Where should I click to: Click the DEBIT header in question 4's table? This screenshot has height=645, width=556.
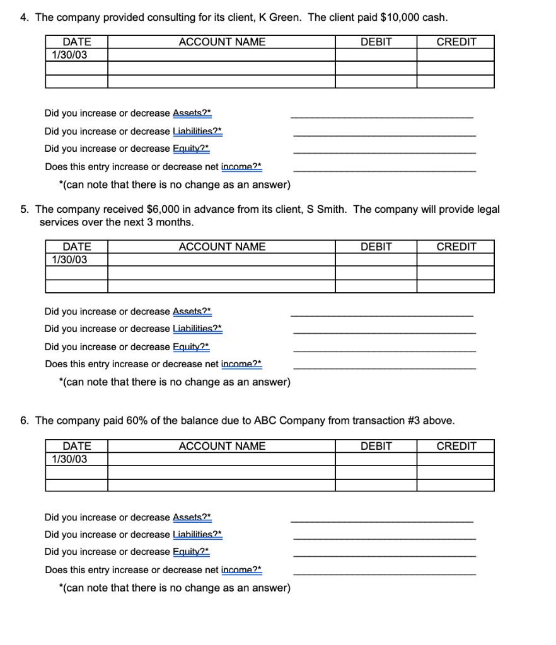pos(376,42)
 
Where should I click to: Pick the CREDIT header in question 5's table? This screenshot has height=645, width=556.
pos(456,247)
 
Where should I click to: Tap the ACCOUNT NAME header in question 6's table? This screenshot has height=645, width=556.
pos(222,447)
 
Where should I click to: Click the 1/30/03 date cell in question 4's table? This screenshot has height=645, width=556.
pos(69,55)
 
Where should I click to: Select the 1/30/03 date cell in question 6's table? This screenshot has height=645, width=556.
pos(69,459)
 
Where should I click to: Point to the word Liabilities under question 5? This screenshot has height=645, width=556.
pos(196,329)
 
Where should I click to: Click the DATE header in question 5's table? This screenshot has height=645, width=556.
pos(76,247)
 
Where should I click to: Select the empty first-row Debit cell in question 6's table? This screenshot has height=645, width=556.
pos(376,459)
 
